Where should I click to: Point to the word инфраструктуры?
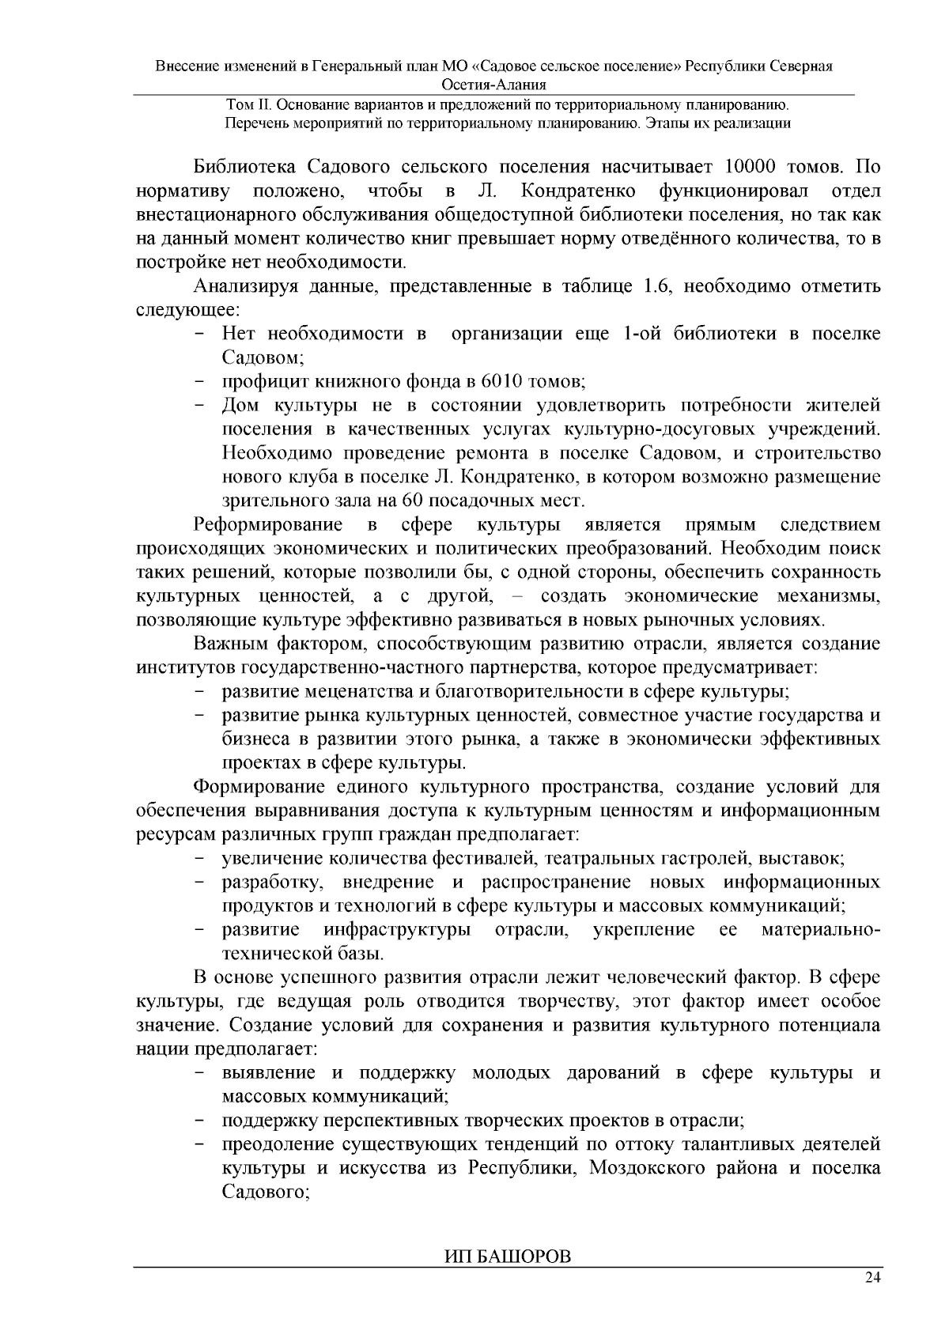pos(397,929)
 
